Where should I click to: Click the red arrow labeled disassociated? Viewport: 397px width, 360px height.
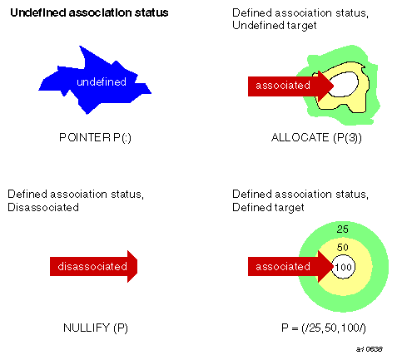tap(93, 267)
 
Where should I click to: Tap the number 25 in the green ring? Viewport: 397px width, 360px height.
tap(341, 229)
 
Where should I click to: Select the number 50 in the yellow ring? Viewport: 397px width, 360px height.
tap(341, 248)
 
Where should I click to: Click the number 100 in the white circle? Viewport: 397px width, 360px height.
tap(341, 268)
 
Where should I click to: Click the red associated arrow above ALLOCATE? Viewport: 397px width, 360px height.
tap(287, 85)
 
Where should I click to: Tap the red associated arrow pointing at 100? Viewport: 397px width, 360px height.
tap(287, 267)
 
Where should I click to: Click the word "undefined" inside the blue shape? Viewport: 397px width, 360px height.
tap(101, 81)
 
